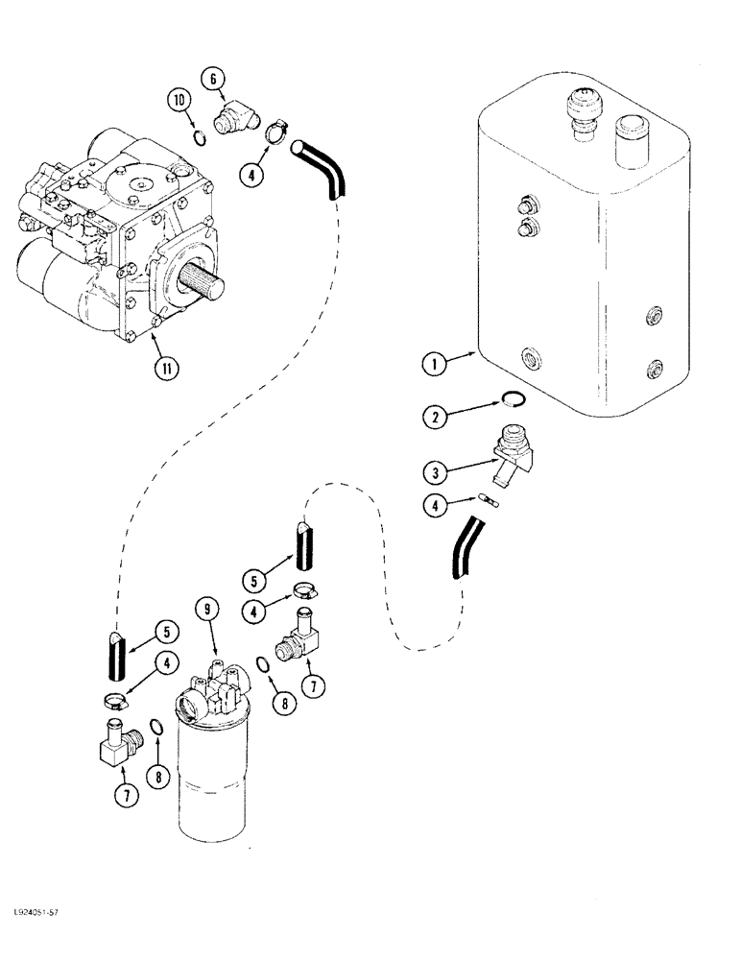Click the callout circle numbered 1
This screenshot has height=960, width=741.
(436, 365)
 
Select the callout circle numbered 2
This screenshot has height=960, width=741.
(436, 416)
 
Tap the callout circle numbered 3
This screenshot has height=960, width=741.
(436, 471)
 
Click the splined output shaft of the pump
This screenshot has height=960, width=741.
(211, 284)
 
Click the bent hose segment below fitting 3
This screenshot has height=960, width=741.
(464, 547)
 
